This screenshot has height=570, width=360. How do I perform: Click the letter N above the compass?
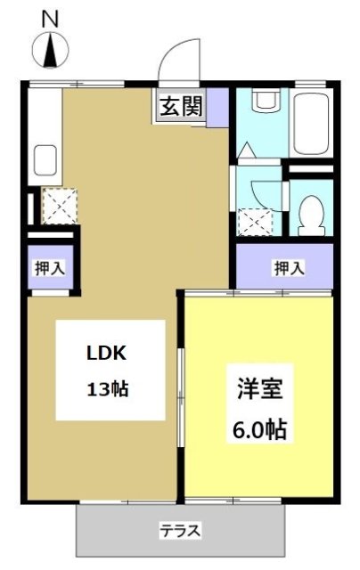50,17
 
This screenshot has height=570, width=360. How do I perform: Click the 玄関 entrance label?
181,108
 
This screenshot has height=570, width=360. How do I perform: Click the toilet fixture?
311,212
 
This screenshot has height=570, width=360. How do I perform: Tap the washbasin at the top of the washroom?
265,102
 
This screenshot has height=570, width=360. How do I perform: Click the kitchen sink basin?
45,161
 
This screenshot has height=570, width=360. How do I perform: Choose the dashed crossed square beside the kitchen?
60,207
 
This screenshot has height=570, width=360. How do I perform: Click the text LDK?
107,353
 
